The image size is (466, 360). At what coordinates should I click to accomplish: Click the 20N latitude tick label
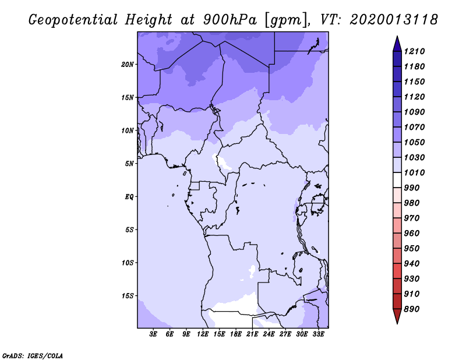click(128, 65)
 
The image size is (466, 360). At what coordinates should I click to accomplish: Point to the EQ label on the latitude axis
click(129, 197)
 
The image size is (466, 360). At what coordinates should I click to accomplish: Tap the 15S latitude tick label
click(128, 296)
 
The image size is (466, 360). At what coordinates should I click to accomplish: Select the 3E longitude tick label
click(153, 334)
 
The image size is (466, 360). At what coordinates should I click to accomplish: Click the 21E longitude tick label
click(252, 334)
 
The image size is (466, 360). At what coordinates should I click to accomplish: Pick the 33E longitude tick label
click(318, 334)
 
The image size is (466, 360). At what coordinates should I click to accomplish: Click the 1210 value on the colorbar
click(414, 51)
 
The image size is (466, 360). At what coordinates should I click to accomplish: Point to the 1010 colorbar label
click(414, 172)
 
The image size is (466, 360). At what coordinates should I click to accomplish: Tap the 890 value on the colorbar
click(412, 309)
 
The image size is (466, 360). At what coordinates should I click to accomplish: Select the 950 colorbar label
click(412, 249)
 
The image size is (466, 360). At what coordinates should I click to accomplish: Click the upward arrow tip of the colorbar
click(397, 36)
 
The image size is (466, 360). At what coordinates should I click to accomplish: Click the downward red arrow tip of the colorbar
click(397, 323)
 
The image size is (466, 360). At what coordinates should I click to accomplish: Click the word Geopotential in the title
click(73, 20)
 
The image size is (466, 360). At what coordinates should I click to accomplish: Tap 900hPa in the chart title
click(230, 20)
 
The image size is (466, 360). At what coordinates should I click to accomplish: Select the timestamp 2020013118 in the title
click(394, 20)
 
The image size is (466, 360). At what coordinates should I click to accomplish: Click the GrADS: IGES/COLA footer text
click(33, 355)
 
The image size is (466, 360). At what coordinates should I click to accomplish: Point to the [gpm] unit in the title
click(286, 20)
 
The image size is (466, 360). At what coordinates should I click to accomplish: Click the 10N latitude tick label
click(128, 130)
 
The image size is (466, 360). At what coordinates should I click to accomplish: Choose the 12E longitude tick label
click(203, 334)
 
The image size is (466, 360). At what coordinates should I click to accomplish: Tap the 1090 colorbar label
click(414, 112)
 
